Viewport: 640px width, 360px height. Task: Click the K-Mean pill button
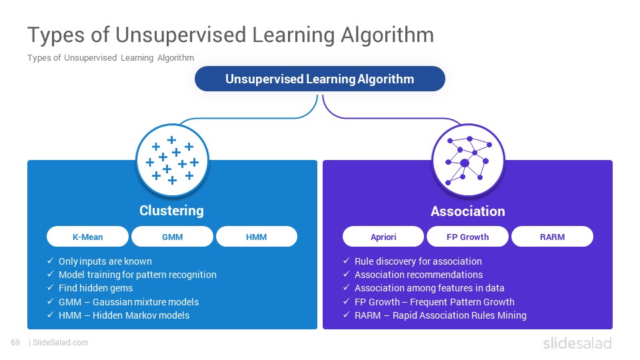(x=88, y=237)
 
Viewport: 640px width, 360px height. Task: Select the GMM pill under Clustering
(x=172, y=237)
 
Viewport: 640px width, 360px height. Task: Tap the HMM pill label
(x=256, y=237)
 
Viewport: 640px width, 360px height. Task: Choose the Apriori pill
(x=383, y=237)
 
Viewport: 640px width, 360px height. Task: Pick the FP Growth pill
(x=468, y=237)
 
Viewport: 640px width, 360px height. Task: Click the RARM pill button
(x=552, y=237)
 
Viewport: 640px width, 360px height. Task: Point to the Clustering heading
(x=171, y=211)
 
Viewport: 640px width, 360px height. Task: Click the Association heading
(x=468, y=211)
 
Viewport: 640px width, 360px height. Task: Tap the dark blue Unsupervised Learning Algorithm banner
(x=320, y=79)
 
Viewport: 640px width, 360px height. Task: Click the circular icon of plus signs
(x=172, y=161)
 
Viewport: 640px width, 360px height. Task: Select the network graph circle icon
(x=468, y=161)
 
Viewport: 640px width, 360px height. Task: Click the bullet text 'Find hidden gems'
(x=95, y=288)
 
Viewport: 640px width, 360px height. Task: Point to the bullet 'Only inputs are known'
(x=105, y=261)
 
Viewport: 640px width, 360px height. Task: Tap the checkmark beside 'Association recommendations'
(x=347, y=274)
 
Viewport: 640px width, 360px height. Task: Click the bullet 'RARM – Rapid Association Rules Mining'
(x=441, y=315)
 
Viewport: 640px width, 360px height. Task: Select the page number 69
(x=15, y=343)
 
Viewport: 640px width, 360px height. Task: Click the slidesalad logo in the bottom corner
(x=577, y=343)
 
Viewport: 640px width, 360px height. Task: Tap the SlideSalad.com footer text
(x=61, y=343)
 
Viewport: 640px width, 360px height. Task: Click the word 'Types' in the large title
(x=56, y=35)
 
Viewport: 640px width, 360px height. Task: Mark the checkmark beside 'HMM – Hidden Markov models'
(x=51, y=315)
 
